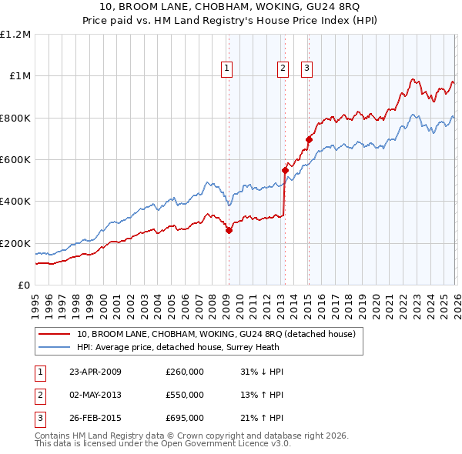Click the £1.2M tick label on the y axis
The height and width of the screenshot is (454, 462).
(x=15, y=34)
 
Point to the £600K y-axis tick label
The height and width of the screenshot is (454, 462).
(x=15, y=159)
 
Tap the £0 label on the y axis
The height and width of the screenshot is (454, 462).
(x=24, y=285)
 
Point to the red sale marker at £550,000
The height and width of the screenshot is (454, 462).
(x=284, y=170)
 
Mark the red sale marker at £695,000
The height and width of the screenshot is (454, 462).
(x=309, y=140)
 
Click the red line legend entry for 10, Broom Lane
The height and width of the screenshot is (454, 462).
(x=216, y=334)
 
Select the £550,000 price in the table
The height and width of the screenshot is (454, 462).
(x=185, y=395)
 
